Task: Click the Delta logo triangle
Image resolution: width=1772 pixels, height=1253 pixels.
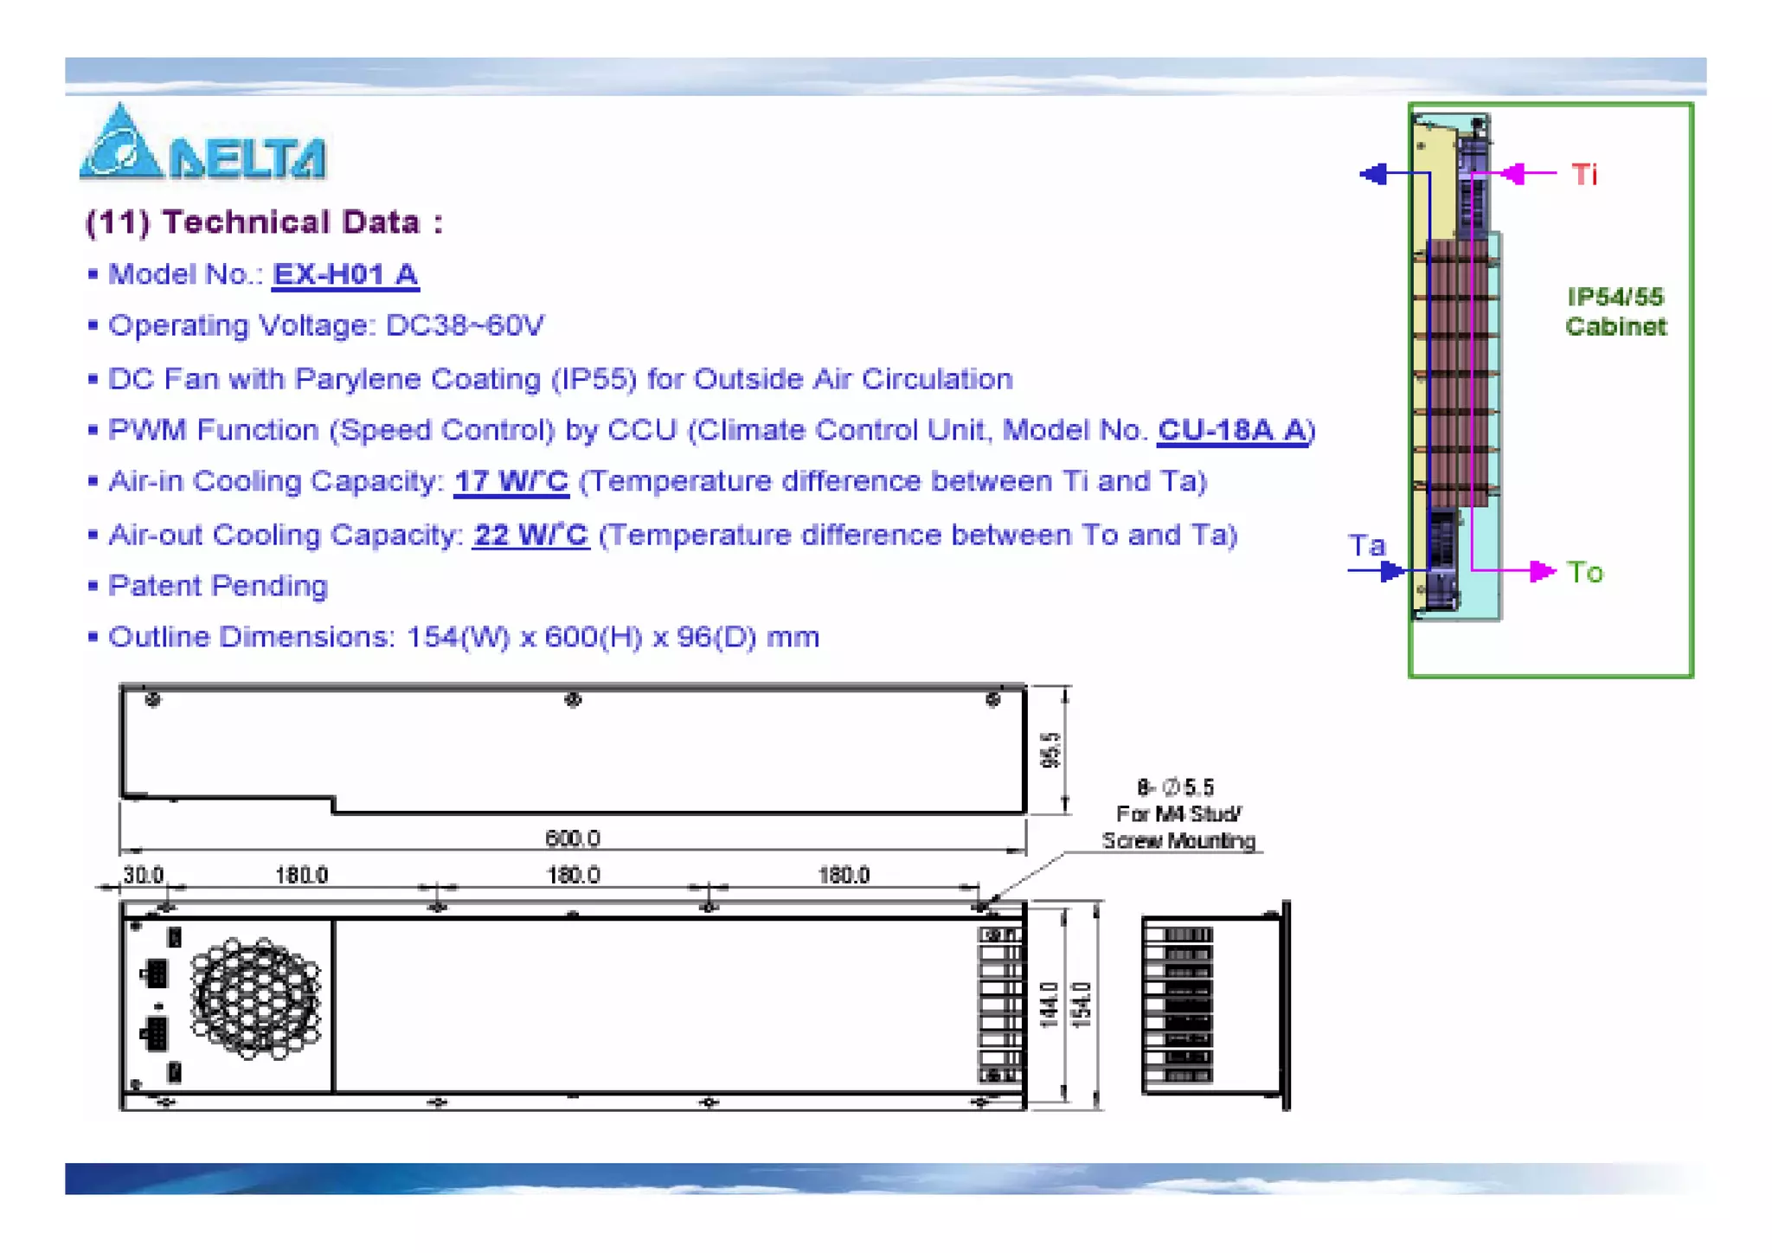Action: pyautogui.click(x=120, y=145)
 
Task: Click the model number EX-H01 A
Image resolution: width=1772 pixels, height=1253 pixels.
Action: pyautogui.click(x=344, y=274)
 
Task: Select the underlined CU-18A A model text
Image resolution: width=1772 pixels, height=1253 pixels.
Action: pyautogui.click(x=1232, y=429)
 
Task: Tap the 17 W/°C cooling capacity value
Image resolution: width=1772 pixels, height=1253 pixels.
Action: pyautogui.click(x=510, y=481)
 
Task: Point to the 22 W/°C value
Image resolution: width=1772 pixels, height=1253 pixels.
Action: pyautogui.click(x=530, y=535)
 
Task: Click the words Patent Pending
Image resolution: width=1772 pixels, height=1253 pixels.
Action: pyautogui.click(x=217, y=586)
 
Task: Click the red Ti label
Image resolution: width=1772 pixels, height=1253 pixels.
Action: pyautogui.click(x=1584, y=175)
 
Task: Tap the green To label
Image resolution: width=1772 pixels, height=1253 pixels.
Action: pyautogui.click(x=1584, y=572)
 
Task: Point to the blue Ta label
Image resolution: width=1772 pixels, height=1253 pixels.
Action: pyautogui.click(x=1366, y=545)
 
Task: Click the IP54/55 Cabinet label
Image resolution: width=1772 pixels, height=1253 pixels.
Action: pyautogui.click(x=1615, y=312)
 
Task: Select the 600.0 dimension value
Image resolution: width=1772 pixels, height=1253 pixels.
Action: pyautogui.click(x=572, y=838)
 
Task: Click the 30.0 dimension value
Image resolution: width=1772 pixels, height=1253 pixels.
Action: pyautogui.click(x=143, y=875)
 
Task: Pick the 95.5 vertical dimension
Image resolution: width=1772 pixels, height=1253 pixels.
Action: pyautogui.click(x=1050, y=749)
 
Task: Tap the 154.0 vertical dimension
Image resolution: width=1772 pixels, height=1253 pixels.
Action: pyautogui.click(x=1082, y=1005)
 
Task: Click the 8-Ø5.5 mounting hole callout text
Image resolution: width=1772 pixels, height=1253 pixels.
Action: pyautogui.click(x=1176, y=787)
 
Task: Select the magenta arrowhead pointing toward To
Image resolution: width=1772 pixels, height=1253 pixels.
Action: pyautogui.click(x=1541, y=571)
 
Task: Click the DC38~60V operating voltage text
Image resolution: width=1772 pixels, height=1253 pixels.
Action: pyautogui.click(x=464, y=325)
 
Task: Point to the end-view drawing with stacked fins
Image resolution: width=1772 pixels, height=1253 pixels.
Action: pyautogui.click(x=1211, y=1005)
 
